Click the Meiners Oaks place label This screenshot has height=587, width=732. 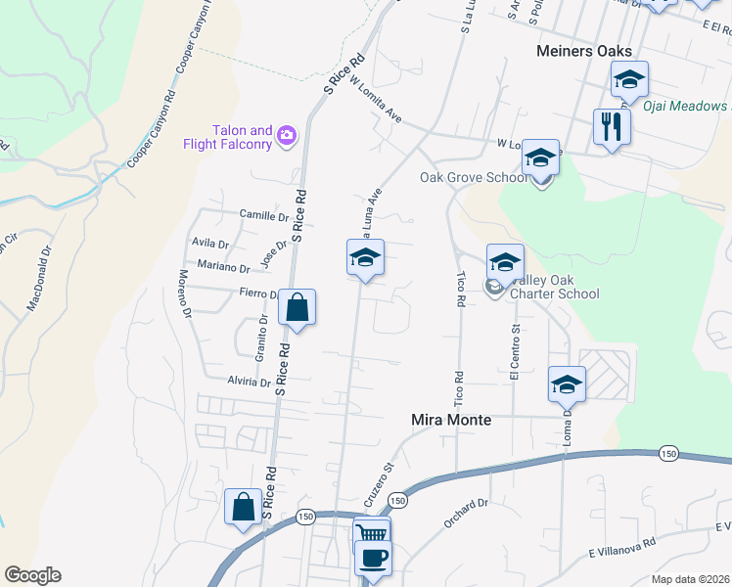[x=584, y=51]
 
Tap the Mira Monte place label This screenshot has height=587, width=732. [x=448, y=420]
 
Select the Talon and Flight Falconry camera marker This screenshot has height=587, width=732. [x=288, y=135]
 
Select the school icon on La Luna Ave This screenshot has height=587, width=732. [x=365, y=258]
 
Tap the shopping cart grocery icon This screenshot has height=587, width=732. [x=371, y=533]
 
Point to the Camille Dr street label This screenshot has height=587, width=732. [x=264, y=214]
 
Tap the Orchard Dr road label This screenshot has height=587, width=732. [x=466, y=516]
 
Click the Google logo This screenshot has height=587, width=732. [x=32, y=575]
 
